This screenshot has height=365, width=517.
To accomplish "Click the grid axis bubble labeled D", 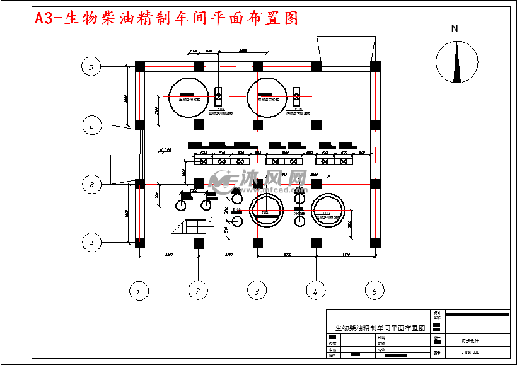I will coord(92,66).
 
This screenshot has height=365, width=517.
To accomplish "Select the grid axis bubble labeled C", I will coord(92,125).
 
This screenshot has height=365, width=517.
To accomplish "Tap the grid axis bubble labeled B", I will coord(92,185).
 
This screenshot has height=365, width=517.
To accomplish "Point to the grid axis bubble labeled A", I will coord(92,242).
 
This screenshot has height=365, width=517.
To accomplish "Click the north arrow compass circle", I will coord(455,62).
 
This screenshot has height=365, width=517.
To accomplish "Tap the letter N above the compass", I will coord(455,28).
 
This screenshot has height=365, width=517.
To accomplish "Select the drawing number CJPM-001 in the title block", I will coord(470,353).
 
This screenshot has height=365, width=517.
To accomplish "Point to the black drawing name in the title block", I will coord(380,328).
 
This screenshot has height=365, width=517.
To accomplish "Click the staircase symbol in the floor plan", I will coord(190,226).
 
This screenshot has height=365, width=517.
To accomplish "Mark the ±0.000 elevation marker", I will coord(165,150).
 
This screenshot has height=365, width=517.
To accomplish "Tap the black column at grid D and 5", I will coord(375,66).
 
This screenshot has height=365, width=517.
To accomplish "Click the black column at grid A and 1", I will coord(140,243).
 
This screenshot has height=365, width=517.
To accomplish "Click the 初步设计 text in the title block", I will coord(469,339).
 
